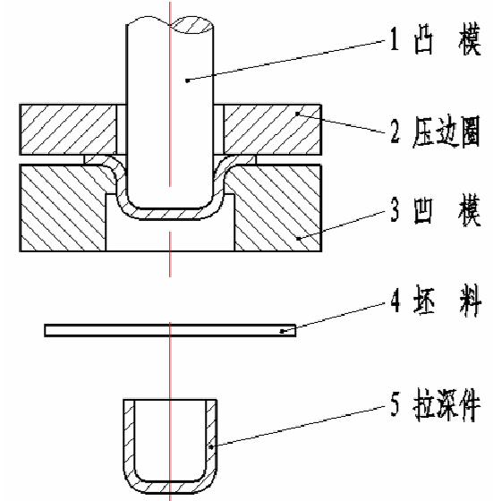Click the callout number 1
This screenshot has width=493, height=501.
coord(395,39)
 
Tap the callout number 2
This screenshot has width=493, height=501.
coord(395,130)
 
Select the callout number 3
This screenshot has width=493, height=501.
coord(395,209)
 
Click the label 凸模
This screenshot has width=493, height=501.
coord(447,39)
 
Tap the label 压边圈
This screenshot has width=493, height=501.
coord(446,132)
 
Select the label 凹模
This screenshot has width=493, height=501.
coord(447,209)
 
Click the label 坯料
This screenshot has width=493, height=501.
coord(447,301)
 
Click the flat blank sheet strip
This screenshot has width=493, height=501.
coord(170,330)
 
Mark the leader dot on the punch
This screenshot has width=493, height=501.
coord(188,81)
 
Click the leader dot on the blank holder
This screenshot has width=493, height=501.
coord(297,114)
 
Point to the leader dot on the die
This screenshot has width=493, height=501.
coord(298,238)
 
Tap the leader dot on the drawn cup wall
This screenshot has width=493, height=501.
coord(211,447)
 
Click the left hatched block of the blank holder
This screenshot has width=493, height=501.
coord(68,130)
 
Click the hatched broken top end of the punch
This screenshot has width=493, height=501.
coord(192,26)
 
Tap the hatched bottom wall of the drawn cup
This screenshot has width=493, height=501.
coord(170,487)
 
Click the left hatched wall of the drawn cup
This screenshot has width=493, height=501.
coord(129,443)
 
